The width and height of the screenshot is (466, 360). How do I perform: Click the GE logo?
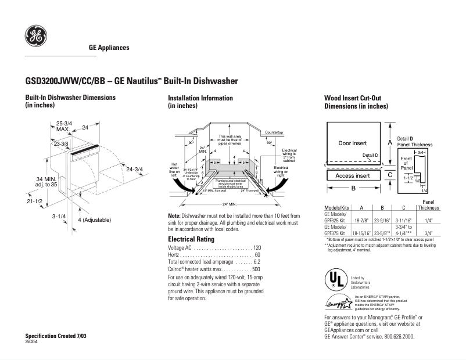point(35,37)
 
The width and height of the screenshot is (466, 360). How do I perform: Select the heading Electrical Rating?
point(191,239)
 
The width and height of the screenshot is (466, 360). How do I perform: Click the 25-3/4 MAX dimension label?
point(64,127)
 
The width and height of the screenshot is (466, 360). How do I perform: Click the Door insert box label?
point(352,143)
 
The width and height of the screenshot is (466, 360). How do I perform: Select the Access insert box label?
point(352,175)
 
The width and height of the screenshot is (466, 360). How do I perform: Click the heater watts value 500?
point(256,269)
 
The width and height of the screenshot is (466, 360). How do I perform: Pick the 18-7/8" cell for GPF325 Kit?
point(362,221)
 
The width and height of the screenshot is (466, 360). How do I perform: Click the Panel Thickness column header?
point(428,204)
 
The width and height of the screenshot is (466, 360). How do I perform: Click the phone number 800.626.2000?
point(399,336)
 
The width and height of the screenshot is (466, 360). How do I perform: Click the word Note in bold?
point(174,215)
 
